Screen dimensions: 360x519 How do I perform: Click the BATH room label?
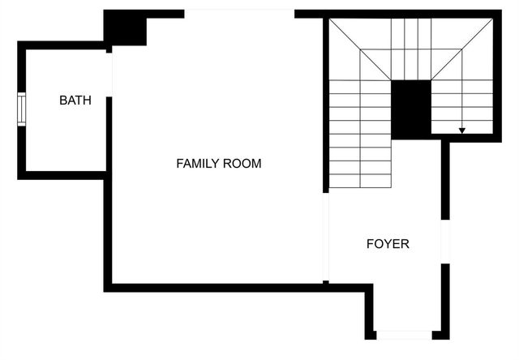tap(75, 101)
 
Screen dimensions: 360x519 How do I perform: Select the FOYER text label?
tap(388, 243)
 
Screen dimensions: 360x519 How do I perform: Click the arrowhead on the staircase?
tap(462, 130)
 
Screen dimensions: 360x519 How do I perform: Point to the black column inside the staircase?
tap(410, 109)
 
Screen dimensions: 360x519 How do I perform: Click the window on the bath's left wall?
tap(22, 109)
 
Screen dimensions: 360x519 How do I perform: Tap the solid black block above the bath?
tap(125, 28)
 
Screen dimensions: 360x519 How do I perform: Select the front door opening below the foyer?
tap(404, 334)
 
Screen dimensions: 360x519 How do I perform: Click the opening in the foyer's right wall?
tap(444, 241)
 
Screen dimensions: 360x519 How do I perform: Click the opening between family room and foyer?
tap(325, 235)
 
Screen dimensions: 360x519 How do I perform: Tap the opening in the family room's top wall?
tap(239, 13)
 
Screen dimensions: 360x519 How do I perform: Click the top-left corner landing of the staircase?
tap(357, 49)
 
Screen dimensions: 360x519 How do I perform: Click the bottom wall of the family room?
tap(219, 287)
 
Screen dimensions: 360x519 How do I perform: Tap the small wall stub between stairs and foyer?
tap(444, 178)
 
